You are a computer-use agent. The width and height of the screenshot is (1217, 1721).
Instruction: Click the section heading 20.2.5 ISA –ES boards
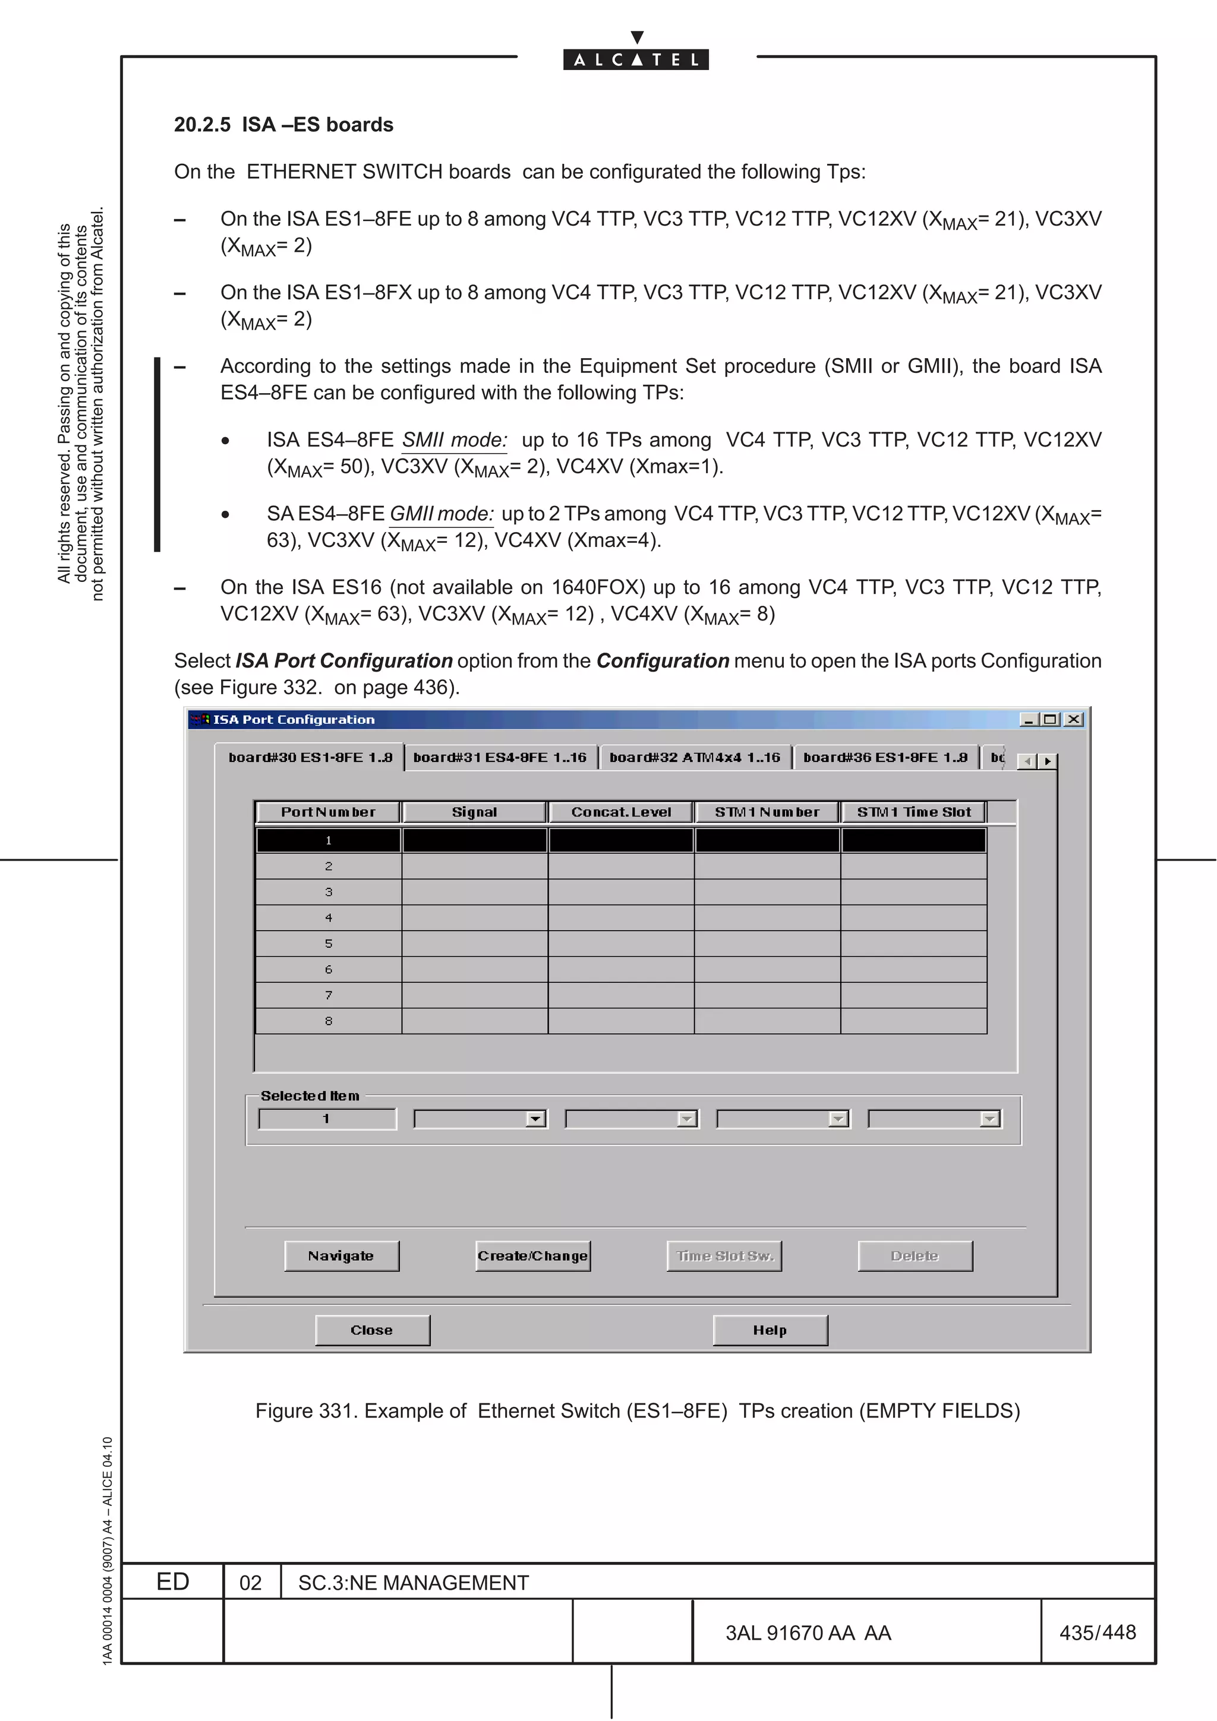point(283,125)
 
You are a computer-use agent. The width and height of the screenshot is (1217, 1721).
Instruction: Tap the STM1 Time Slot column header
point(913,812)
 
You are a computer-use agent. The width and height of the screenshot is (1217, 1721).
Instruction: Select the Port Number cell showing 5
point(329,944)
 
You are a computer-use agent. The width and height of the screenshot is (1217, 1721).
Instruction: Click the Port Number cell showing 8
point(329,1021)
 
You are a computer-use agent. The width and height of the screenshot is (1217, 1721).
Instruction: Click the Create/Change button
point(532,1255)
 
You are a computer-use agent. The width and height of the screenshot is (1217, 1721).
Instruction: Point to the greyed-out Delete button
point(915,1255)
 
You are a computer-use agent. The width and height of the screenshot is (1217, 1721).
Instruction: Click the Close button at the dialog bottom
point(372,1330)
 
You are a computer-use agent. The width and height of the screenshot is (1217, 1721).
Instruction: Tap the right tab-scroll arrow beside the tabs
point(1048,761)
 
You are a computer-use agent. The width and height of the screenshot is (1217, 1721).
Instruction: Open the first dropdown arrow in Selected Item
point(535,1119)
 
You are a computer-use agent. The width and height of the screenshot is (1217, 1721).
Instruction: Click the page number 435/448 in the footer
point(1097,1632)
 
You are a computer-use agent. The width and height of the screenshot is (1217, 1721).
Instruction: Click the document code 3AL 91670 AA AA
point(808,1633)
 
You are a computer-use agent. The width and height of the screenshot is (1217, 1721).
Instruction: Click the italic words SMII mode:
point(455,440)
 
